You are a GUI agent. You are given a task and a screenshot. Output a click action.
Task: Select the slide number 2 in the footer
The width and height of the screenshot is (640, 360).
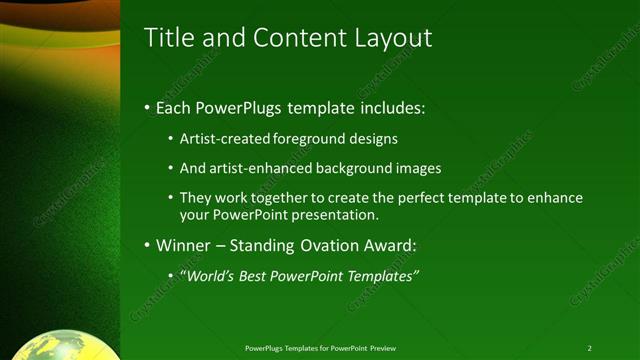point(589,348)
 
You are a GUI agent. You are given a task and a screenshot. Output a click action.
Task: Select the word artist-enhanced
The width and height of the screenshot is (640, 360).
point(260,168)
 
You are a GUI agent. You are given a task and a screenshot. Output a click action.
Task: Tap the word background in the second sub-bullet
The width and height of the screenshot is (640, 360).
point(356,168)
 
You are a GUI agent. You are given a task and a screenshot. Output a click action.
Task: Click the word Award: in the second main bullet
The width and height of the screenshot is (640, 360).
point(392,245)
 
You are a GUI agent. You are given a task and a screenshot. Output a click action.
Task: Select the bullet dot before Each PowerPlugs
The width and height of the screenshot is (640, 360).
point(148,106)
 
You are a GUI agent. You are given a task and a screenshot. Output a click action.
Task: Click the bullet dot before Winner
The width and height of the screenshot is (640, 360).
point(148,245)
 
